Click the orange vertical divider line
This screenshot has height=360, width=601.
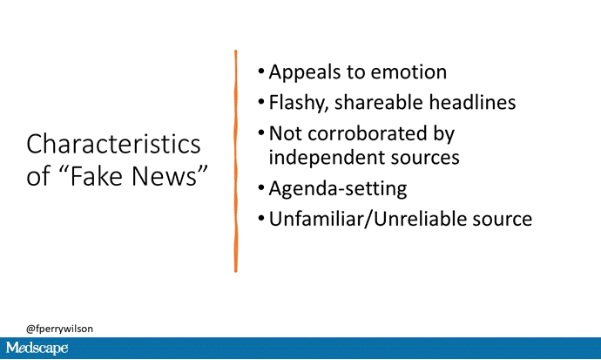click(x=235, y=161)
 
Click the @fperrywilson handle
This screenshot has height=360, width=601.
click(x=59, y=329)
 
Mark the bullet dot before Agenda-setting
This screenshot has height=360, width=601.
click(x=261, y=188)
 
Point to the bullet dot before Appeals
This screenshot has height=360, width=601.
click(x=261, y=71)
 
